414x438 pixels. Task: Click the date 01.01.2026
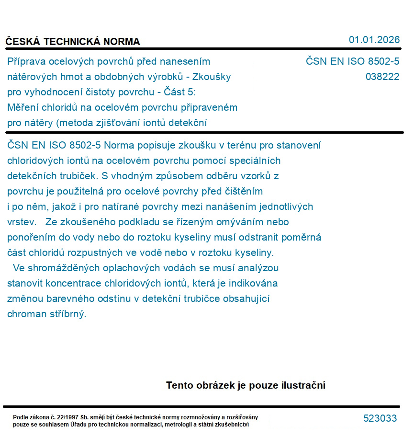[374, 40]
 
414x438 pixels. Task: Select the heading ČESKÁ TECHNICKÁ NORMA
[73, 42]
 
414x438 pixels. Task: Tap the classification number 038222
[382, 77]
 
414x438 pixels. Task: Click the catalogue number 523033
[380, 418]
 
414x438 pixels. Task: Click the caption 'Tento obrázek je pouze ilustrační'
[246, 385]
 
